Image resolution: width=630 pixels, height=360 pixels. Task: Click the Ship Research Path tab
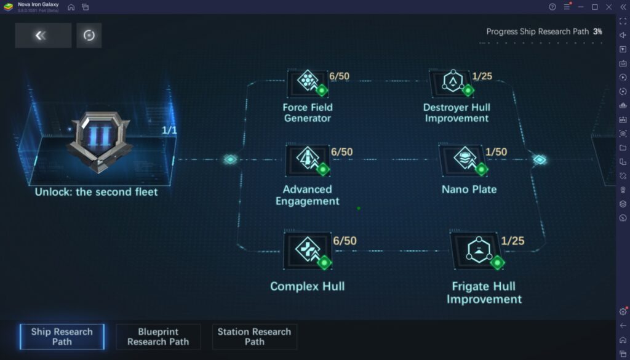62,337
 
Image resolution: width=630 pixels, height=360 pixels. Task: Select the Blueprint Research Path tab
158,337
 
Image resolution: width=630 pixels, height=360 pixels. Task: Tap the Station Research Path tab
254,337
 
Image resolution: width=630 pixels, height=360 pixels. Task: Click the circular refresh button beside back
89,36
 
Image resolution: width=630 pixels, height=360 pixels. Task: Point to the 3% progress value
597,31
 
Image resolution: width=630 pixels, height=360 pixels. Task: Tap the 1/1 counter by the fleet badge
169,130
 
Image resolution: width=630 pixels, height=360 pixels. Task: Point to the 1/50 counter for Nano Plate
496,152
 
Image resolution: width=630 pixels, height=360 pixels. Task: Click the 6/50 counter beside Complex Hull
345,241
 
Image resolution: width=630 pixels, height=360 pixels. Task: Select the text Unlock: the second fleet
96,192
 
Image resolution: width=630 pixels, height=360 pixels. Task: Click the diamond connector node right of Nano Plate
540,160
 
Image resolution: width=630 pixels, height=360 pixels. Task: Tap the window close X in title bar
608,7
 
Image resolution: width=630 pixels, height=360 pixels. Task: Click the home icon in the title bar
71,7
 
